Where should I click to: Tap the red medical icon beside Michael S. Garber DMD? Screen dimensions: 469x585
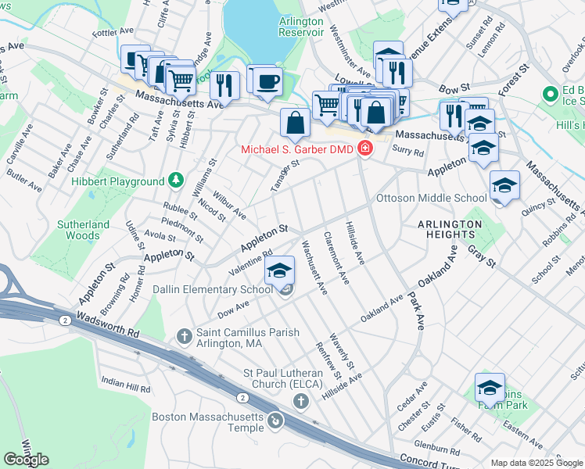(x=364, y=149)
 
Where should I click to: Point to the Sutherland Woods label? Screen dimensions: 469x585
(x=83, y=229)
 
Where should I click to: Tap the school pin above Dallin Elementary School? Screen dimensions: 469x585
(x=279, y=271)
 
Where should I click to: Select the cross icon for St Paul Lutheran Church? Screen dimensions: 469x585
(x=300, y=401)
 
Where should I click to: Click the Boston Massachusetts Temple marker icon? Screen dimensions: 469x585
(x=275, y=422)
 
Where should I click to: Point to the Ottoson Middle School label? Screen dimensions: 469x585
(x=431, y=198)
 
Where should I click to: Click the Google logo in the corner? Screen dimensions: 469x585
(x=26, y=459)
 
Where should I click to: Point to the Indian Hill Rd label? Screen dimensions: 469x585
(x=125, y=385)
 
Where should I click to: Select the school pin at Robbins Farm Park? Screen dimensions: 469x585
(x=490, y=387)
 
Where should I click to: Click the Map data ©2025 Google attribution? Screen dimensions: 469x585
(x=537, y=462)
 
